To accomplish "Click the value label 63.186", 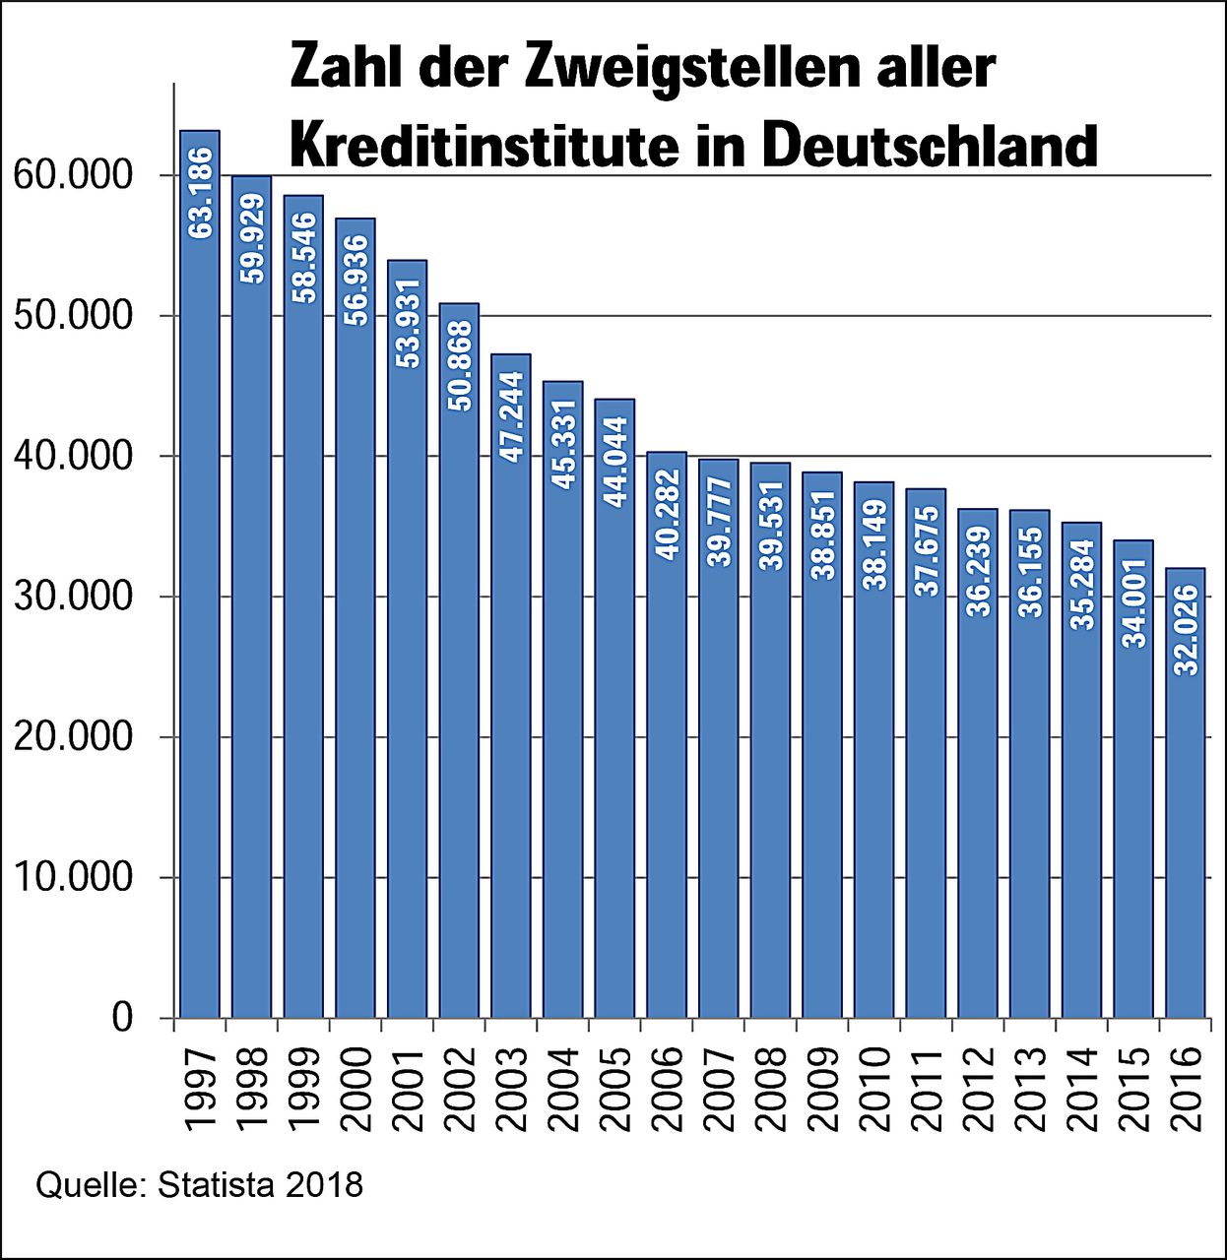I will click(x=200, y=193).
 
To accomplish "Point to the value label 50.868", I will click(x=459, y=365).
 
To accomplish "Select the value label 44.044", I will click(x=614, y=462).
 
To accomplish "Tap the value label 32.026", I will click(x=1186, y=630).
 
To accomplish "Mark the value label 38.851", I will click(x=822, y=535).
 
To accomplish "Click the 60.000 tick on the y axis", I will click(x=73, y=175).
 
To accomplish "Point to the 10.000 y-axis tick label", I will click(x=73, y=877).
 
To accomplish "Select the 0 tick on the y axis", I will click(x=122, y=1017).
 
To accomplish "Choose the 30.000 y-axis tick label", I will click(x=73, y=597).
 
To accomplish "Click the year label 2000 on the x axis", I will click(x=355, y=1089).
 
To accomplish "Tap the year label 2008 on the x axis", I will click(x=770, y=1089).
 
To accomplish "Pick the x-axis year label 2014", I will click(x=1081, y=1089).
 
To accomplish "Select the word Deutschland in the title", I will click(x=930, y=145).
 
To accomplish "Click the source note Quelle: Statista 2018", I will click(x=200, y=1184).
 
